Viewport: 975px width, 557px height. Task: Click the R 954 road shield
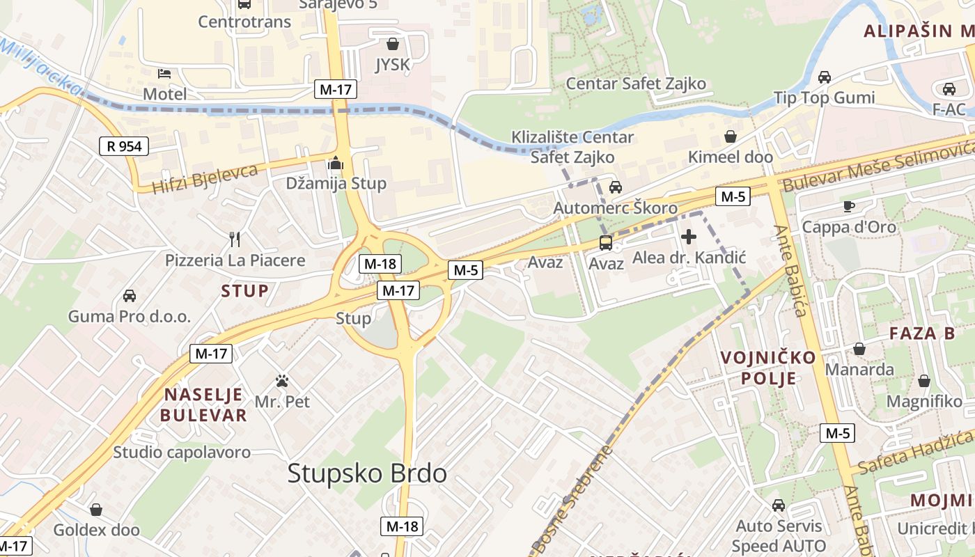point(123,146)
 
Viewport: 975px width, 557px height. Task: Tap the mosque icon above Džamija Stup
point(336,164)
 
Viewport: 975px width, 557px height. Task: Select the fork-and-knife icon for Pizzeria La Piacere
point(235,240)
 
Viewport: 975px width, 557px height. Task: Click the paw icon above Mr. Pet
point(282,381)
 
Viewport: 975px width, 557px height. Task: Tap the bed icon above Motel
point(164,73)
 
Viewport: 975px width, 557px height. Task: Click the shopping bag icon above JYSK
point(393,44)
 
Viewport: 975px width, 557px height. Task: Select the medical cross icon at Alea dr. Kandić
point(689,237)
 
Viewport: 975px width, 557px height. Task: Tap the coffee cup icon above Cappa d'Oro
point(848,206)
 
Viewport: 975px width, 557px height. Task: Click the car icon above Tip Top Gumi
point(825,77)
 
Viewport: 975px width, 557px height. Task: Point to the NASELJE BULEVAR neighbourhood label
point(203,405)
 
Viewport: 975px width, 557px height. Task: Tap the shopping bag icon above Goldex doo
point(96,510)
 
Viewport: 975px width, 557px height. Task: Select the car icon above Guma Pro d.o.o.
point(129,296)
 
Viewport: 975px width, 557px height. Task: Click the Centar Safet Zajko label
point(635,84)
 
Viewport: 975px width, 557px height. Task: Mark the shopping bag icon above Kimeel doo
point(731,136)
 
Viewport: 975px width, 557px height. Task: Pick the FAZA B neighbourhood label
point(922,334)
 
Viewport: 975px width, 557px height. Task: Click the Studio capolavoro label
point(182,452)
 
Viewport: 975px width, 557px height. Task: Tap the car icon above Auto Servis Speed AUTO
point(779,505)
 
